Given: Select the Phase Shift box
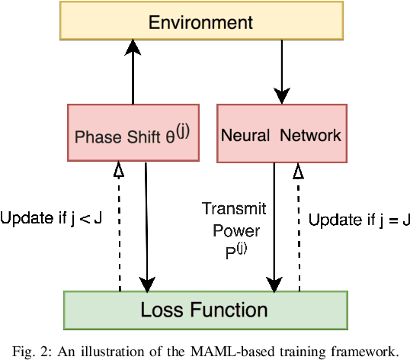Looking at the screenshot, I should pyautogui.click(x=133, y=133).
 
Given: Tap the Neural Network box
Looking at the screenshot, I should pyautogui.click(x=282, y=133).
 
